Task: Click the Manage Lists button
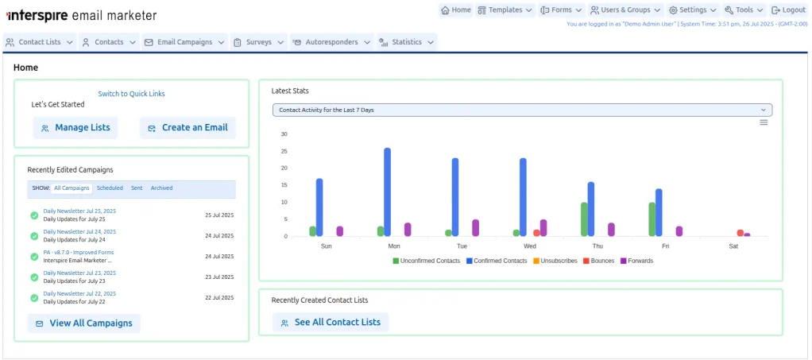(75, 128)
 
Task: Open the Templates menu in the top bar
(505, 10)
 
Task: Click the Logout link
(788, 10)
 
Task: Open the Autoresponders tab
(332, 42)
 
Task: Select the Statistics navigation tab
(407, 42)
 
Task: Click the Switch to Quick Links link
(132, 94)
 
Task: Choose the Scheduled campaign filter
(110, 188)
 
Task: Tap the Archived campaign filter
(161, 188)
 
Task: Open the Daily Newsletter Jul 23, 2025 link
(79, 273)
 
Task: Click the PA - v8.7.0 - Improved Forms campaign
(79, 252)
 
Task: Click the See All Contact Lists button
(331, 322)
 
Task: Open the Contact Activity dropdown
(522, 110)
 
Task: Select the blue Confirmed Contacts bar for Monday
(388, 192)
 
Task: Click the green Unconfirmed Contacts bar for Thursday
(584, 219)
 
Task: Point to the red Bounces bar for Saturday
(740, 233)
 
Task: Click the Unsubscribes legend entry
(555, 261)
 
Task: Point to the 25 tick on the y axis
(284, 151)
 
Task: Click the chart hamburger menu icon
(764, 122)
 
